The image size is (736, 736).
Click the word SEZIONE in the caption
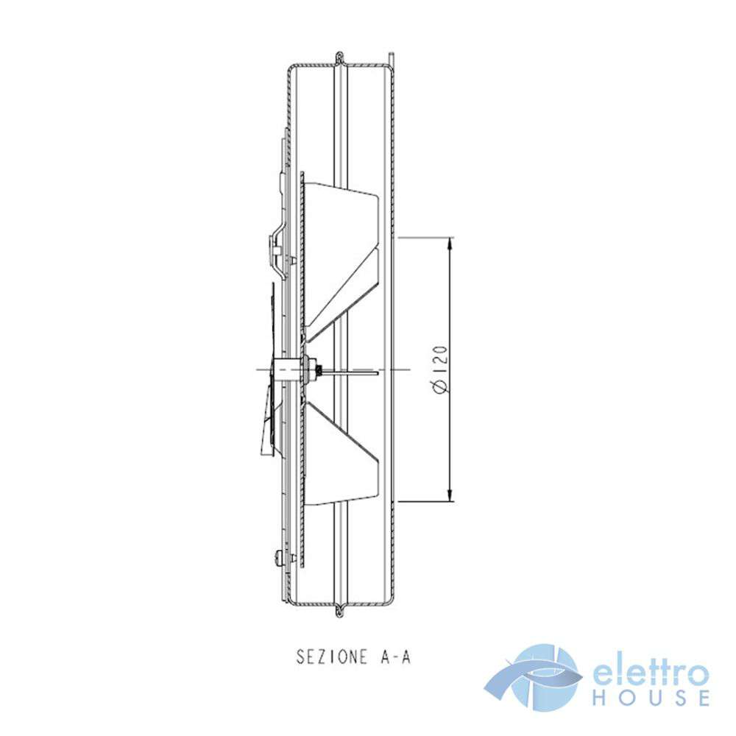coord(331,657)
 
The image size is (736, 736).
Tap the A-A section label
coord(394,657)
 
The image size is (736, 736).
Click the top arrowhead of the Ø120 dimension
coord(450,244)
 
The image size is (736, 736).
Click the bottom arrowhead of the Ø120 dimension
coord(450,495)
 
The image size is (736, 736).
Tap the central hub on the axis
coord(287,369)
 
